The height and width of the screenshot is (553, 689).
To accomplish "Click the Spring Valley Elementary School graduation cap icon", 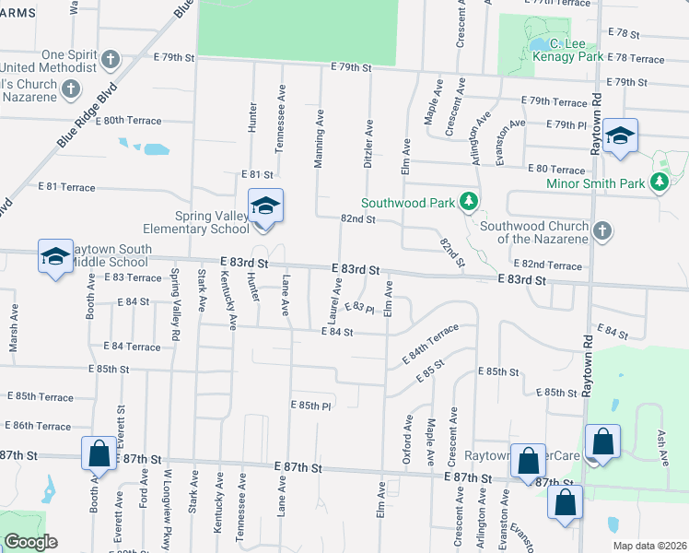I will (265, 206).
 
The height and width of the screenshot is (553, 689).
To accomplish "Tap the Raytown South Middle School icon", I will (55, 257).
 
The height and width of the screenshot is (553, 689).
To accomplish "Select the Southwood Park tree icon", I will (469, 201).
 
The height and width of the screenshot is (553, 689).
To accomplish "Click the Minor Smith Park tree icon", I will (659, 183).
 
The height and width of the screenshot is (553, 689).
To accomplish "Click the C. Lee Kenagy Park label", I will (576, 50).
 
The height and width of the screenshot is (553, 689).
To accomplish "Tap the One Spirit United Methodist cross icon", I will (110, 61).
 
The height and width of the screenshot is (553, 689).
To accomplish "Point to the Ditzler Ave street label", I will (368, 141).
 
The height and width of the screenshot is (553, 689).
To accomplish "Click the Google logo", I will (31, 542).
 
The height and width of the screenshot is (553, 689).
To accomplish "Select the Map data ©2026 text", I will (649, 545).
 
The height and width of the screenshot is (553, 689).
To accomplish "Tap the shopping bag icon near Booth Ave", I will (99, 453).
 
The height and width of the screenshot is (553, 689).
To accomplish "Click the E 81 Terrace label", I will (66, 187).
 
